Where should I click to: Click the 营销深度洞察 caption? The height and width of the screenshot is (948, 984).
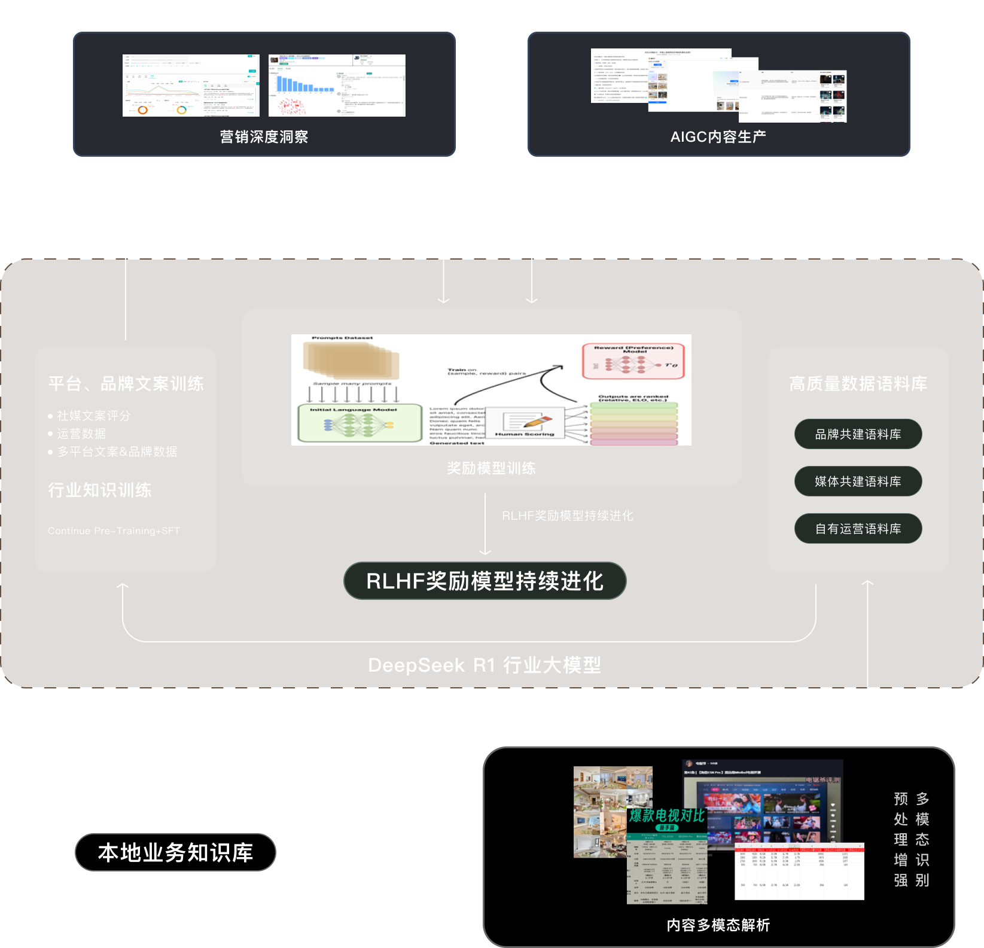tap(264, 137)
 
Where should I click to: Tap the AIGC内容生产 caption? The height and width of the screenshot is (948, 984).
tap(718, 137)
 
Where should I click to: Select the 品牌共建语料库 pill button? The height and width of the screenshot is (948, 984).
tap(858, 434)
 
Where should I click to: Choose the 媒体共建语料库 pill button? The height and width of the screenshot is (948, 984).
tap(858, 481)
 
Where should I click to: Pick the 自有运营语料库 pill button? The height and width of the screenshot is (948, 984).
tap(858, 529)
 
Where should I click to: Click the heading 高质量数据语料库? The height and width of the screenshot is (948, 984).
tap(858, 383)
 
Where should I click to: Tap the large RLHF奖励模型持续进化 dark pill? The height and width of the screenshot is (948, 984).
tap(485, 581)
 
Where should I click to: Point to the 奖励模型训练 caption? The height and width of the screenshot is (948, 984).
tap(491, 468)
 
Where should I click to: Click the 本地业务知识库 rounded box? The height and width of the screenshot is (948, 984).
tap(175, 852)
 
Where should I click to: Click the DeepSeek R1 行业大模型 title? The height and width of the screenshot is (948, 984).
tap(485, 665)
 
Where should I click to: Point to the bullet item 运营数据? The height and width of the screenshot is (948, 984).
tap(81, 434)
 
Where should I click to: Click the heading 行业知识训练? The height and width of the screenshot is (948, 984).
tap(100, 490)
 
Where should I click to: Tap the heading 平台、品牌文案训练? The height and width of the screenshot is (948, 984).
tap(126, 383)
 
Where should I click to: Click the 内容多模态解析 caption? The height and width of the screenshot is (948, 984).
tap(718, 925)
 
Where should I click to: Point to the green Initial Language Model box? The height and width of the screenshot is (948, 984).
tap(360, 423)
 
